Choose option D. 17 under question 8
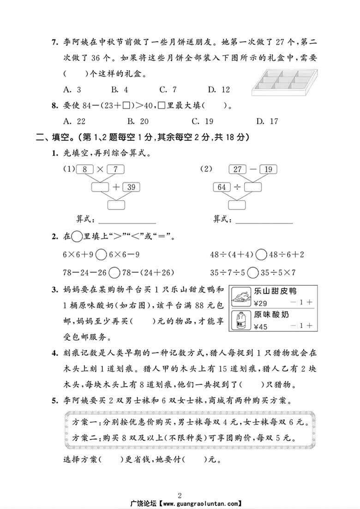point(267,121)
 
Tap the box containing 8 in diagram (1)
point(84,169)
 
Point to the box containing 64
point(222,187)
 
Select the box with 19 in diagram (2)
point(268,169)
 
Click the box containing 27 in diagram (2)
point(238,169)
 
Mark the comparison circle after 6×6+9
point(102,254)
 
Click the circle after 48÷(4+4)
point(261,254)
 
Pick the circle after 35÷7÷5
point(252,272)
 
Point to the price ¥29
point(260,303)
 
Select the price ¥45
point(260,327)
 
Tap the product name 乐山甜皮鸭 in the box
point(275,291)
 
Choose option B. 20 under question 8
point(138,121)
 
